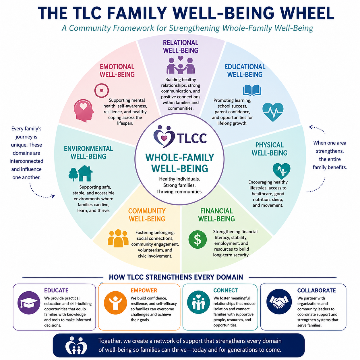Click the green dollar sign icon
(198, 239)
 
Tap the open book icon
(252, 90)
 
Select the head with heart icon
(84, 111)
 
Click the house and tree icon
(80, 173)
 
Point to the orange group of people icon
(118, 238)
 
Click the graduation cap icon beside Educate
(29, 303)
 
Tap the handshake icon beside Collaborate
(279, 301)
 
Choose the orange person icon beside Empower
(115, 303)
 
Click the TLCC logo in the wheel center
(180, 137)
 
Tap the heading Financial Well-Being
(216, 215)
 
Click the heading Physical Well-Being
(269, 149)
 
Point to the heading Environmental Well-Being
(88, 152)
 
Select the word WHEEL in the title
(307, 13)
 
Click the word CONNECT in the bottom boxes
(225, 290)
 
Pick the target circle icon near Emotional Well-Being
(101, 90)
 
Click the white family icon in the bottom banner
(76, 345)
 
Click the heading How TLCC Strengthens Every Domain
(176, 277)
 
